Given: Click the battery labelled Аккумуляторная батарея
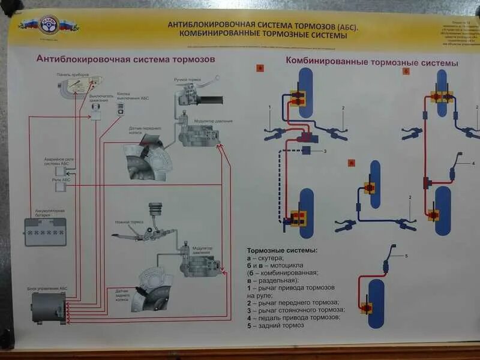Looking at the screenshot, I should [45, 231].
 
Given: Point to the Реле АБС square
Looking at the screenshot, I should [61, 187].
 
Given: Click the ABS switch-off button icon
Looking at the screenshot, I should [120, 109].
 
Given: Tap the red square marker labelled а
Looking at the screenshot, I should [260, 68].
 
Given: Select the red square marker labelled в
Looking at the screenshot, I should [352, 162].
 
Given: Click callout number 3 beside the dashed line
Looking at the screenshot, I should [325, 151].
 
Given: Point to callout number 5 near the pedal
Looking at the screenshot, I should [406, 256].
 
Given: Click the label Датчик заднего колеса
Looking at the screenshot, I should [127, 293].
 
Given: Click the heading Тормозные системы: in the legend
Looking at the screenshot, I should [282, 250].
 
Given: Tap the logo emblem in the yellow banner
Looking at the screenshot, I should [49, 25].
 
